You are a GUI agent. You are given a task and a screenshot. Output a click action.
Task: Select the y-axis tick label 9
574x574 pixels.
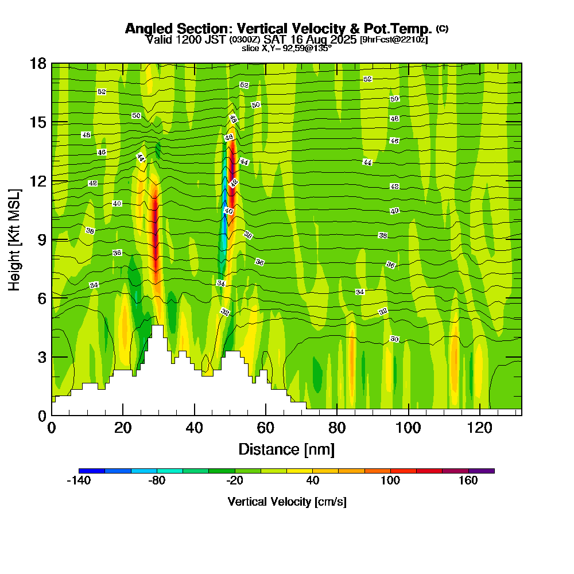point(41,239)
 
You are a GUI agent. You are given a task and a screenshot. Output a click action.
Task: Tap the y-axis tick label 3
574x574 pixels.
point(41,357)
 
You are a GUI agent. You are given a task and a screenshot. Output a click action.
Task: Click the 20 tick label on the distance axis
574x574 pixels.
point(123,428)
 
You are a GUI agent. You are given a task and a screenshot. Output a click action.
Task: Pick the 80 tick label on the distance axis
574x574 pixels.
point(337,428)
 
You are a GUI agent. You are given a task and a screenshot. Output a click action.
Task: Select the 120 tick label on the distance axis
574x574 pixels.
point(479,428)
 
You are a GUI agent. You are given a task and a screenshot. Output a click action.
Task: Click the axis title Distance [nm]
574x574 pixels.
point(286,448)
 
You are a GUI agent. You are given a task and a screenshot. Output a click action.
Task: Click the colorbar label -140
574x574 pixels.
point(79,481)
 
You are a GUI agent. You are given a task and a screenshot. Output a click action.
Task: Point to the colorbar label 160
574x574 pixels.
point(468,481)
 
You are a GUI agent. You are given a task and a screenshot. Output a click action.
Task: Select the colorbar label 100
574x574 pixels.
point(390,481)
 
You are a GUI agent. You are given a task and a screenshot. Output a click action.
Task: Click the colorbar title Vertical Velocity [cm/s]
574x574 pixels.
point(286,502)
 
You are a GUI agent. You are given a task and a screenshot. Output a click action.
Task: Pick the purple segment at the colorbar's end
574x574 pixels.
point(482,471)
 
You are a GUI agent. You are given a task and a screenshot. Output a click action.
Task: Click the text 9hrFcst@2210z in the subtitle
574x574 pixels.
point(394,40)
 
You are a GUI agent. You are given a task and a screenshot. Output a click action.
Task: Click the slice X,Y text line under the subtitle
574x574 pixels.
point(286,48)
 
